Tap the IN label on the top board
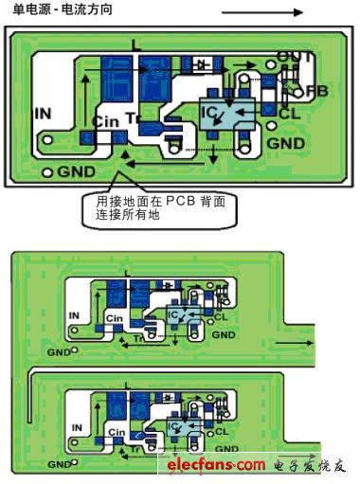[x=43, y=114]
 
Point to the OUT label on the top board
[x=295, y=58]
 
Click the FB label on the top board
[x=316, y=91]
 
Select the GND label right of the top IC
[x=286, y=144]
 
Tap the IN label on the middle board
[x=76, y=314]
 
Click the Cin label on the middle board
[x=116, y=318]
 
